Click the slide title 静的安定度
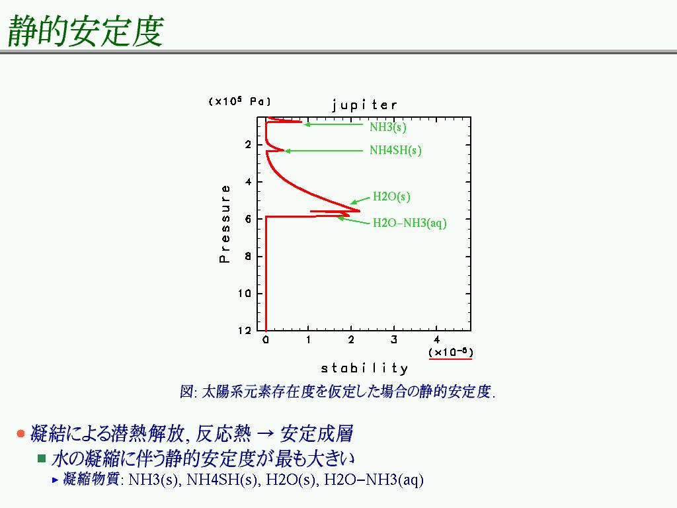point(85,30)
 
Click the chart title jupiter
point(364,105)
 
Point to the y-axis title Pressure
point(225,224)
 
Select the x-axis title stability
point(364,368)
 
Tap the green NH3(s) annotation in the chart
point(387,127)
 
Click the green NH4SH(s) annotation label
point(395,150)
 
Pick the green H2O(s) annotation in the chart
point(391,196)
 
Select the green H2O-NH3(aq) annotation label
point(409,223)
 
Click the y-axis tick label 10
point(245,294)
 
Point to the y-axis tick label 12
point(245,331)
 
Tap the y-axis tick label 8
point(248,257)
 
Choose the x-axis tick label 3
point(394,340)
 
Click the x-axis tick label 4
point(436,340)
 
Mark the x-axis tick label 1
point(308,340)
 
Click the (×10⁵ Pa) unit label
point(239,101)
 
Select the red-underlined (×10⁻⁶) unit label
point(450,353)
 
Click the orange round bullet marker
point(20,433)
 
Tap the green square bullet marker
point(42,458)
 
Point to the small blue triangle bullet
point(55,480)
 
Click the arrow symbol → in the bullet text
point(265,434)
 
